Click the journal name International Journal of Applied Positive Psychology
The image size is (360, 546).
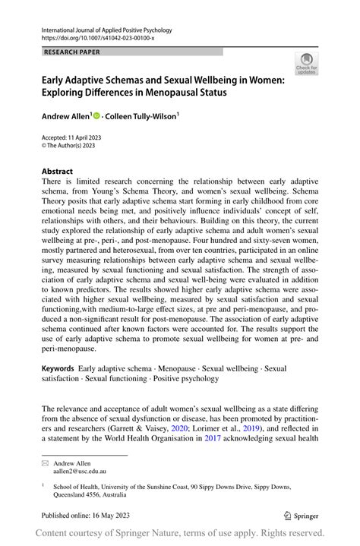pos(106,30)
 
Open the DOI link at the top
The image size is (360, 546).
pos(99,38)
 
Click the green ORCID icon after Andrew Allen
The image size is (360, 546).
pos(96,115)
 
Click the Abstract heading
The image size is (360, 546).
pos(58,172)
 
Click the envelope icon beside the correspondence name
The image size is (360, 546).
pos(45,462)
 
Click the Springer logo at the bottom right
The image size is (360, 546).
pos(301,514)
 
